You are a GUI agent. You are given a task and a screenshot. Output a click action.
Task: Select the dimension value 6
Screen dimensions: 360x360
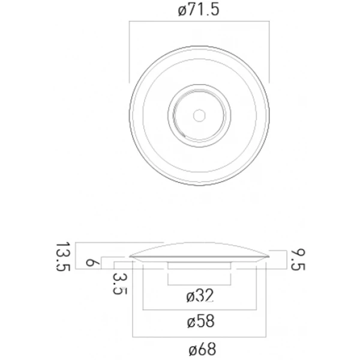[90, 262]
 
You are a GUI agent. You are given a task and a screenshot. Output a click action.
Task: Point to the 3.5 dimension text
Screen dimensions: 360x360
[119, 282]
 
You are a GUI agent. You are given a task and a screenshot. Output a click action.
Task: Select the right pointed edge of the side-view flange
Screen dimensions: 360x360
[268, 256]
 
